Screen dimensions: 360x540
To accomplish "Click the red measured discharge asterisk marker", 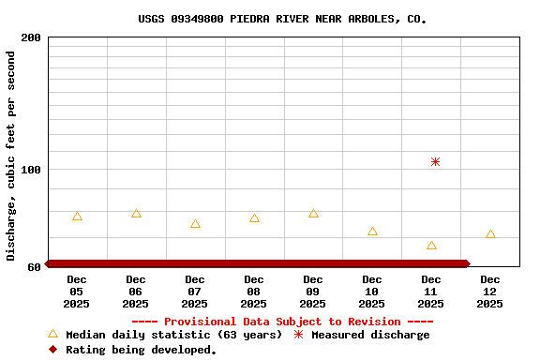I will tap(435, 162).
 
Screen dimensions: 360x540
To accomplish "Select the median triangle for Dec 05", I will tap(77, 217).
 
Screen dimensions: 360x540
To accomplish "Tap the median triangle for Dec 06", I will tap(136, 214).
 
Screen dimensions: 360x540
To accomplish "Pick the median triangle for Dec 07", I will tap(195, 224).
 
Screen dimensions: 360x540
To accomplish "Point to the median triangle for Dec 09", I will tap(313, 214).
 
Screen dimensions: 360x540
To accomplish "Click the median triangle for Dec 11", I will tap(431, 246).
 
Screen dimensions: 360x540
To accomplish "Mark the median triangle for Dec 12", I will tap(490, 234).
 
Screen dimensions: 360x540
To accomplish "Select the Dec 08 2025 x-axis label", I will tap(254, 292).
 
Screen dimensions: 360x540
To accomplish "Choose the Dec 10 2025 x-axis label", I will tap(372, 292).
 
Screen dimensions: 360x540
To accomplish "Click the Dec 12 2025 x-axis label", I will tap(490, 292).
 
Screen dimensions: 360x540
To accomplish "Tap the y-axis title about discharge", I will tap(11, 156).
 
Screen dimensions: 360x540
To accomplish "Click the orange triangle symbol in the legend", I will tap(52, 334).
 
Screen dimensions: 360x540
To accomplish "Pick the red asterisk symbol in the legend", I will tap(298, 335).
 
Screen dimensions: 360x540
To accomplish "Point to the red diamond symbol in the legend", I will tap(52, 350).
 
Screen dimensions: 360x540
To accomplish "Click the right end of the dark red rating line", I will tap(465, 263).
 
